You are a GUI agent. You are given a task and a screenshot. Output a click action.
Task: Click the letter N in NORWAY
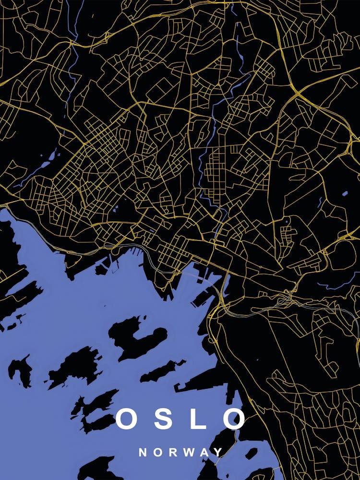tap(143, 452)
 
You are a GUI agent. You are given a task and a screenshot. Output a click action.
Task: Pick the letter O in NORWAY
tap(158, 452)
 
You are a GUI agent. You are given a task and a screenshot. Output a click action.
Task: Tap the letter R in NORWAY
tap(174, 452)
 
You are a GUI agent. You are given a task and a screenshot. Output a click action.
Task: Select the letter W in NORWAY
tap(190, 452)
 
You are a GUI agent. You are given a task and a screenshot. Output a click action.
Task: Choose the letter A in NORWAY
tap(205, 452)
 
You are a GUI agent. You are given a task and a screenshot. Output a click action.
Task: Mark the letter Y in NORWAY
tap(219, 452)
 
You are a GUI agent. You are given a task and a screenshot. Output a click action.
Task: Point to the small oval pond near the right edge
tap(345, 194)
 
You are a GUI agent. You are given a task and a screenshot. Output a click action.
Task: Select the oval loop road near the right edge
tap(341, 254)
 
